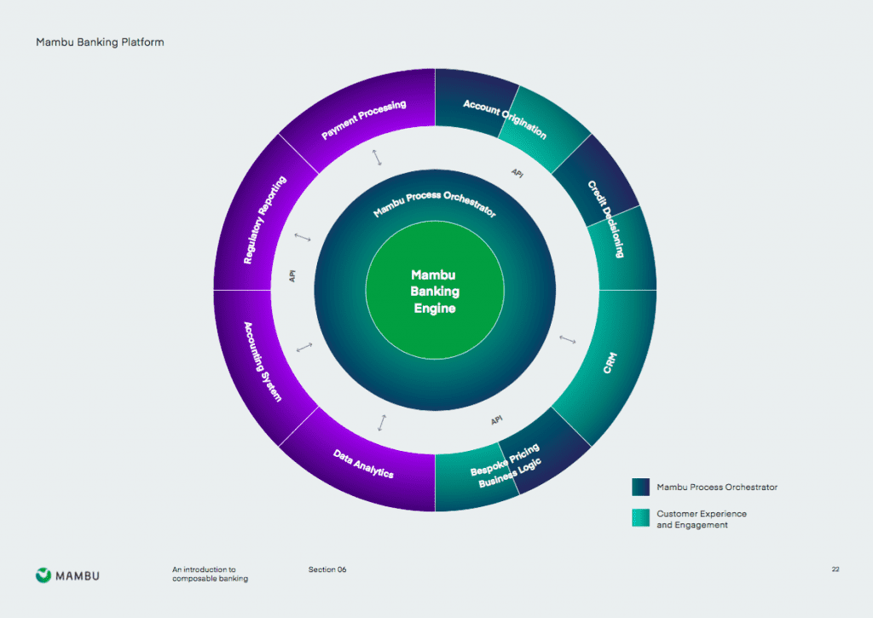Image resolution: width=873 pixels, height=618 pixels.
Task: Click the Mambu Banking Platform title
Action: click(x=101, y=43)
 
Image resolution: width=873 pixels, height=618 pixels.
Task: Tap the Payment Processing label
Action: click(x=364, y=119)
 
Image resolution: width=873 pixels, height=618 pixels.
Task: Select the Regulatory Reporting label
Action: click(x=265, y=220)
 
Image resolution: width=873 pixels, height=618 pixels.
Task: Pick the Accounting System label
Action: click(x=263, y=362)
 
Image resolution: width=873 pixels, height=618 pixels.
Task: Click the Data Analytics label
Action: click(x=363, y=464)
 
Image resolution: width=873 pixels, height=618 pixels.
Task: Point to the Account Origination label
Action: click(x=505, y=119)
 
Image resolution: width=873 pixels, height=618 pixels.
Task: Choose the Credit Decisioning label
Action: click(x=606, y=219)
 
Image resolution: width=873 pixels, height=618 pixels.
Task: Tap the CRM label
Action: click(x=610, y=362)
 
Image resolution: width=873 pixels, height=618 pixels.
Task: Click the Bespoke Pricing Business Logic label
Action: click(x=506, y=465)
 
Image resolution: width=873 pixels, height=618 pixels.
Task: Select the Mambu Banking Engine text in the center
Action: click(x=435, y=292)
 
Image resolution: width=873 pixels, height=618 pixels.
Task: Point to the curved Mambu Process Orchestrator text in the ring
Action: click(x=434, y=203)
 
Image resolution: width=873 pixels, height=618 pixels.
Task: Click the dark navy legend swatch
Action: click(x=640, y=488)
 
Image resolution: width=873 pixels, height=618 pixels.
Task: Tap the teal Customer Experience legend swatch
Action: click(x=640, y=517)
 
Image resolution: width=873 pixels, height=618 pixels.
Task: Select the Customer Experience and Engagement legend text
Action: click(x=702, y=519)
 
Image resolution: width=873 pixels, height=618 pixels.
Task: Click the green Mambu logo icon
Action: click(x=43, y=575)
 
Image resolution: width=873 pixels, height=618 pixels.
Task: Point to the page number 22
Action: click(x=835, y=569)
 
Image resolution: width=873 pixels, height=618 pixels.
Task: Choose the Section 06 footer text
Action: click(x=327, y=569)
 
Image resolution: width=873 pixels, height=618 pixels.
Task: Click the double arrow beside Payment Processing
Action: click(x=377, y=158)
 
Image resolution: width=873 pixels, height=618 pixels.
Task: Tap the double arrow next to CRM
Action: click(x=567, y=339)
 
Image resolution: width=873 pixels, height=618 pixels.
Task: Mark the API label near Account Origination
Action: click(x=517, y=173)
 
